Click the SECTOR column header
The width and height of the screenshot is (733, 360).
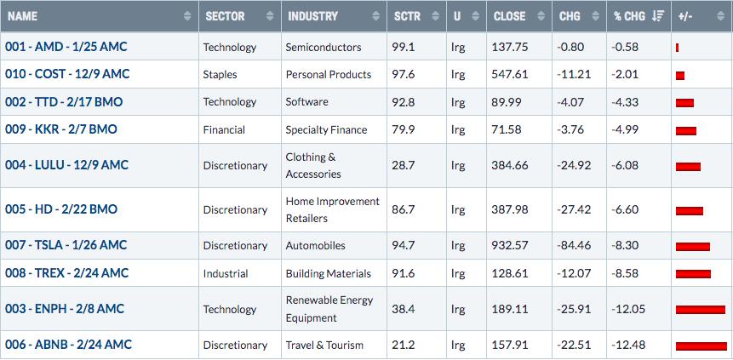click(x=225, y=16)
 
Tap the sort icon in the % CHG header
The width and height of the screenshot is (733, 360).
click(x=658, y=16)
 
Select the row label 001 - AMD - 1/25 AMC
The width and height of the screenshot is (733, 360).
click(x=66, y=47)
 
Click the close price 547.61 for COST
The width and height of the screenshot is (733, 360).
click(x=510, y=74)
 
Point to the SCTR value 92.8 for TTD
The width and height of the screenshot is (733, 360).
click(x=404, y=102)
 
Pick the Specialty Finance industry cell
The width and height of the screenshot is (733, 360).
click(x=326, y=130)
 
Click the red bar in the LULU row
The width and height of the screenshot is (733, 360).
click(x=688, y=167)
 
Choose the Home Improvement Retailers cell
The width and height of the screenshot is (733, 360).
click(x=332, y=210)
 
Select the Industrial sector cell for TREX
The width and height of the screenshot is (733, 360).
click(x=226, y=273)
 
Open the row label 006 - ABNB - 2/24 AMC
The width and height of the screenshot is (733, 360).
click(x=68, y=345)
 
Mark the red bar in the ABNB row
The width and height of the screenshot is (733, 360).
click(x=702, y=346)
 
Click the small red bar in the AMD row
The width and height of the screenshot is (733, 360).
click(x=678, y=48)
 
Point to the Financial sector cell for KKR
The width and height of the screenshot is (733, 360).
click(x=224, y=130)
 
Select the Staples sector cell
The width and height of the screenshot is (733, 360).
click(x=220, y=75)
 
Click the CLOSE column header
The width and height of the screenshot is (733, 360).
click(x=510, y=16)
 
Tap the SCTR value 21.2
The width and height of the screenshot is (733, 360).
click(x=403, y=345)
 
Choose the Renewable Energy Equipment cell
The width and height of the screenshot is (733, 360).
click(x=329, y=309)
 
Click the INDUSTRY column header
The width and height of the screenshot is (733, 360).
click(x=312, y=16)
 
